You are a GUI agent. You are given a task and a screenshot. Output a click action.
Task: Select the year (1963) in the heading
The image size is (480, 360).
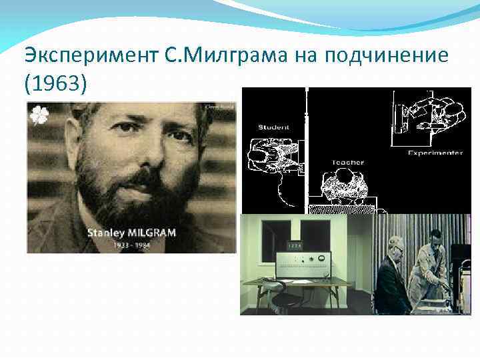53,85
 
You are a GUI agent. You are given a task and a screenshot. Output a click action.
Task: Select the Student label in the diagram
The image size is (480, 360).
273,126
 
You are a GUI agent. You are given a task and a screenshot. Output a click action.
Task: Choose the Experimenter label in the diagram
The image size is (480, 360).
435,153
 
